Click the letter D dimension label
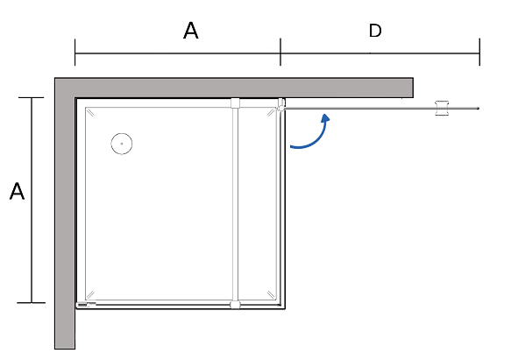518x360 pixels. pos(375,31)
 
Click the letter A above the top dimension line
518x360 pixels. pos(190,31)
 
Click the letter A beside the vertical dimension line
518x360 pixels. pos(17,191)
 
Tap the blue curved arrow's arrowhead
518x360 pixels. pos(326,118)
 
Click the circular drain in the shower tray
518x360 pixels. pos(122,144)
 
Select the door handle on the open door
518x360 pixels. pos(442,108)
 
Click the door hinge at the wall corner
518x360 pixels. pos(281,105)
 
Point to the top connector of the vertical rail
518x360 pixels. pos(235,102)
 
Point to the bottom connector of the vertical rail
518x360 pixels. pos(235,305)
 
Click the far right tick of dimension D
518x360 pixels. pos(479,53)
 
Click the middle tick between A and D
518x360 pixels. pos(280,52)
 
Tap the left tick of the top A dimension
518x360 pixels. pos(75,53)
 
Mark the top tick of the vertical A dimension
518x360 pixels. pos(32,98)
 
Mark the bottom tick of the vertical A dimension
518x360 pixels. pos(32,302)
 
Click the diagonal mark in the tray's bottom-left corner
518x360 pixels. pos(90,294)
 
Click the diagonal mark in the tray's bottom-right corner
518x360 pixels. pos(271,294)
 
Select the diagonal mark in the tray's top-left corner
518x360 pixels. pos(90,113)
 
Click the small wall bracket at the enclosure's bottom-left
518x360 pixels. pos(86,305)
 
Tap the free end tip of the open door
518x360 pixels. pos(478,109)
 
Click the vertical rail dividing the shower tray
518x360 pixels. pos(235,204)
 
